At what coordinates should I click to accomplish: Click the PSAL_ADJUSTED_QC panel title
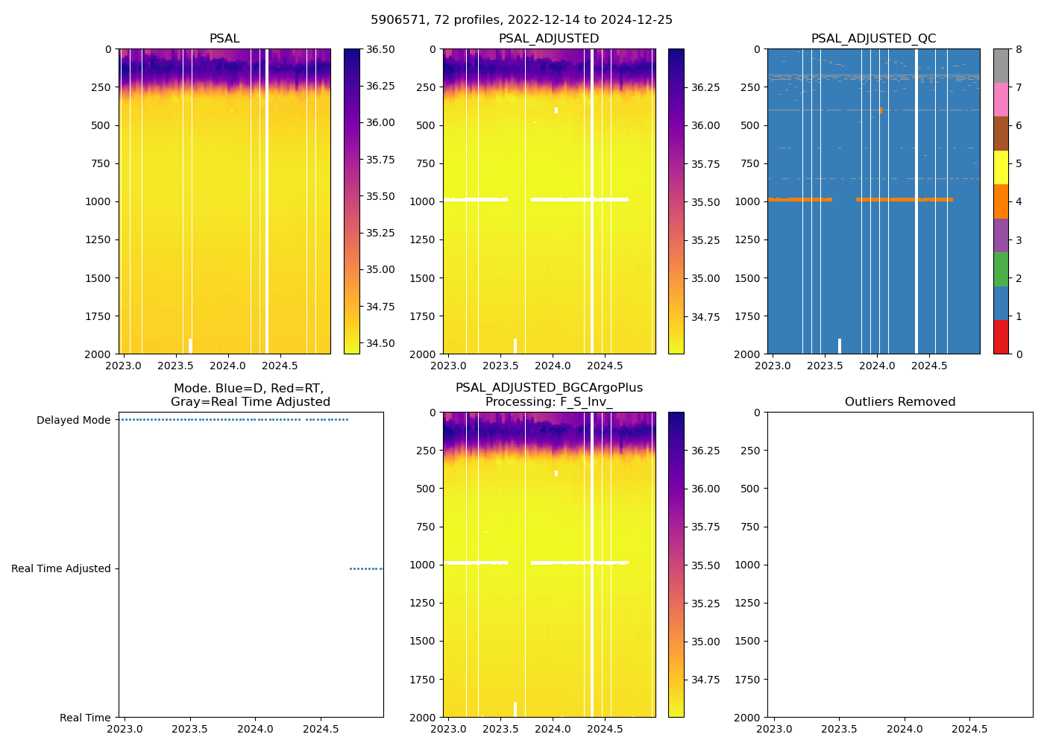pos(873,39)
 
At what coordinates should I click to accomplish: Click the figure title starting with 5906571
pos(521,20)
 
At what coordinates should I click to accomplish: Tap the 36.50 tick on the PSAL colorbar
pos(380,49)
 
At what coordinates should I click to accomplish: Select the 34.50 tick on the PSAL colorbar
pos(380,343)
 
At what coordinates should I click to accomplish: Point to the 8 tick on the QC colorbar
pos(1019,49)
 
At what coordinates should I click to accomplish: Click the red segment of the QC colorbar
pos(1001,337)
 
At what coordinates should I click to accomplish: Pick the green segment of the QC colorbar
pos(1001,269)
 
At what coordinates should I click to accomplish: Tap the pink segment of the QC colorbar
pos(1001,100)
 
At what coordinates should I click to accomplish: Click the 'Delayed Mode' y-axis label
pos(73,420)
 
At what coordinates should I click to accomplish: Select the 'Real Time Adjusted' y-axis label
pos(60,568)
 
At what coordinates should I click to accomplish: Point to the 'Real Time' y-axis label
pos(85,718)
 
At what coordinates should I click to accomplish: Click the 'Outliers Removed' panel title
pos(899,402)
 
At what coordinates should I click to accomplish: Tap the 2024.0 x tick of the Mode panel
pos(255,729)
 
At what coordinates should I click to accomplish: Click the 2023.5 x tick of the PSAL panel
pos(175,366)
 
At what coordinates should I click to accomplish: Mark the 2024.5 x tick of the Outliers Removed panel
pos(970,729)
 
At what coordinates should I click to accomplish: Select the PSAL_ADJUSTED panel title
pos(549,39)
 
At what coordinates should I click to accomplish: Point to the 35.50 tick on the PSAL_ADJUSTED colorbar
pos(705,202)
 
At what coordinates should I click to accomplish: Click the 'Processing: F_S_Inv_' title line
pos(549,402)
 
